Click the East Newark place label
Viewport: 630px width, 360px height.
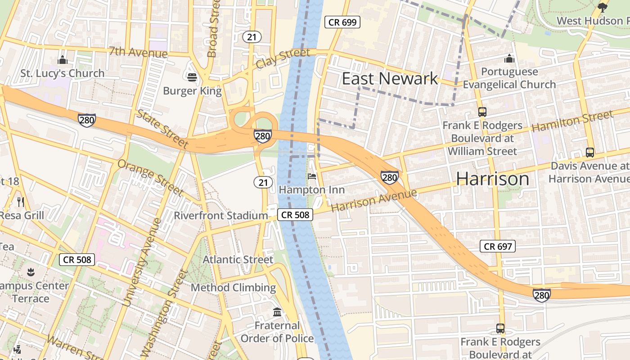390,79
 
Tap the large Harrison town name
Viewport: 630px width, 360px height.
493,179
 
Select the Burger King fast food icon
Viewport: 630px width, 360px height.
192,77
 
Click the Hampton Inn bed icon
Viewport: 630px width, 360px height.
311,176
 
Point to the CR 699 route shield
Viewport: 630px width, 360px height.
342,22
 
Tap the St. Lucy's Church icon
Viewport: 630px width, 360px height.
63,60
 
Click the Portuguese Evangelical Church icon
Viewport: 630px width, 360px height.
509,58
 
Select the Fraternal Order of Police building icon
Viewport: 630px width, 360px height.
277,312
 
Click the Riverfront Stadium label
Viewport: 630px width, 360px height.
221,216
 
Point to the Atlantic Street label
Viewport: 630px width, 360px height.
238,260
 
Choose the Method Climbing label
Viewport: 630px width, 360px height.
233,288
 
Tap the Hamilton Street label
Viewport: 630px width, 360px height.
572,121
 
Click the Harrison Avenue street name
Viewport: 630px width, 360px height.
374,201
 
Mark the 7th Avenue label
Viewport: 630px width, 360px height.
138,52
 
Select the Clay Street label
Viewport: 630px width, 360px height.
283,59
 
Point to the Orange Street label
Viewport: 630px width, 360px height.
150,177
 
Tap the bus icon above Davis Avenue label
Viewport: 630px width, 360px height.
590,153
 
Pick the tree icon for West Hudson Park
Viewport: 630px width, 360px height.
603,7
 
